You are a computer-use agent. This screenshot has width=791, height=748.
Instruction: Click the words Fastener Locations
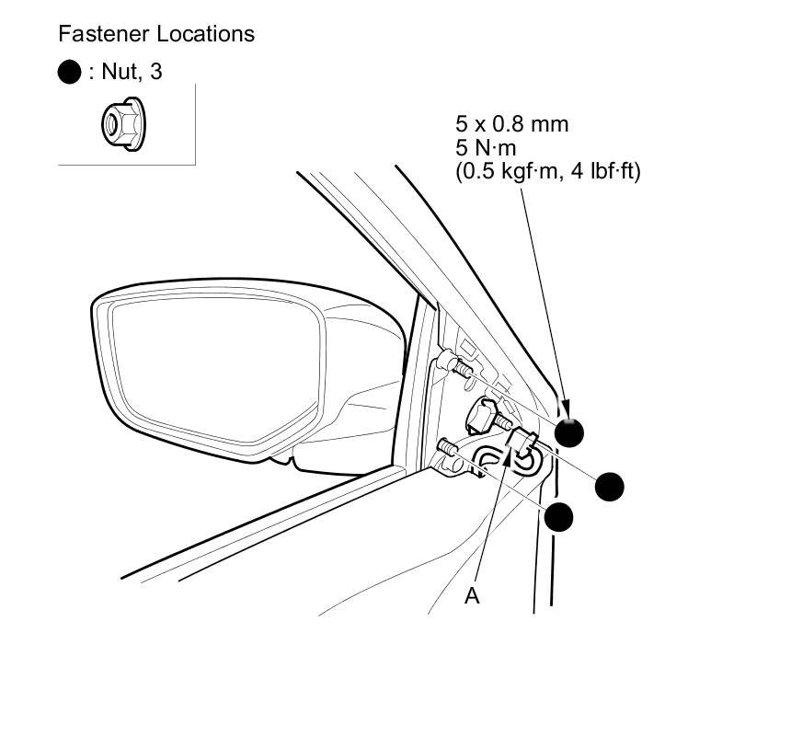[156, 34]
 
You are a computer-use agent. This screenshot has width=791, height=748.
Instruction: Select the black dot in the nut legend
[70, 72]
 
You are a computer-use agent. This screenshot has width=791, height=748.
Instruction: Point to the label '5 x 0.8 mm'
[511, 123]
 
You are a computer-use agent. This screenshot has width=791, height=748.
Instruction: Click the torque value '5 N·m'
[487, 147]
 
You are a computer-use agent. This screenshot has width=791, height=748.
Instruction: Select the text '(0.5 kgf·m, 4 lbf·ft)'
[548, 171]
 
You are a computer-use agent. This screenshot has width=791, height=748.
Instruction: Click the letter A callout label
[472, 596]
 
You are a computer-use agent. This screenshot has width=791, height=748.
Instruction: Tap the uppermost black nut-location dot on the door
[569, 432]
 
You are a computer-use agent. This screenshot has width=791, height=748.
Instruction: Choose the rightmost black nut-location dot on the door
[610, 486]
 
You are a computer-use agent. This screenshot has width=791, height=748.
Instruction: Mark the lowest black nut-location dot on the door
[559, 516]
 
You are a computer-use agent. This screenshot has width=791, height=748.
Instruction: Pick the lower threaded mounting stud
[450, 448]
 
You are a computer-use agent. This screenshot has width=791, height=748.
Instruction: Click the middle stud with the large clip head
[487, 416]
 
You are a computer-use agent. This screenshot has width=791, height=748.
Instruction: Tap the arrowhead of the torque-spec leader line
[565, 409]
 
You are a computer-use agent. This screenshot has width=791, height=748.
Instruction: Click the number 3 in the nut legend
[155, 72]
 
